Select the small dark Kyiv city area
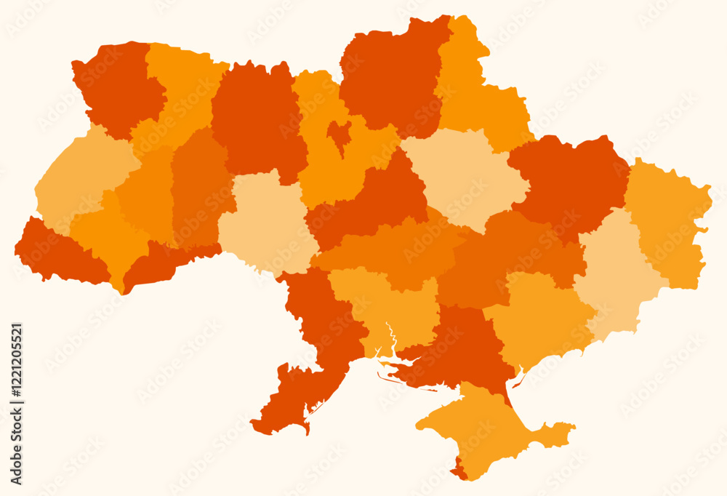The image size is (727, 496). [339, 134]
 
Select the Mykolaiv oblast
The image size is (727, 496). [385, 305]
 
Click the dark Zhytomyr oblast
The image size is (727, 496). [254, 116]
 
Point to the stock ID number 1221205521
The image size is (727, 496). [17, 404]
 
